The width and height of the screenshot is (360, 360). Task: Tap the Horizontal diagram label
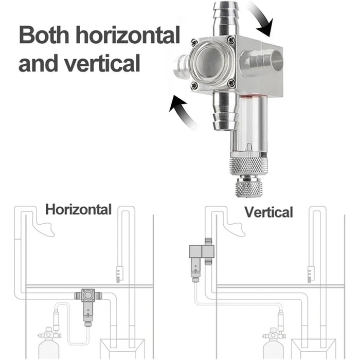coord(78,209)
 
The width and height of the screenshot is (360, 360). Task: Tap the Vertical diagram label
coord(268,212)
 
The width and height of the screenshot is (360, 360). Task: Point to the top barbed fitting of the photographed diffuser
coord(225,17)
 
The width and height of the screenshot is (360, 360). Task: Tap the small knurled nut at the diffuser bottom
coord(249,187)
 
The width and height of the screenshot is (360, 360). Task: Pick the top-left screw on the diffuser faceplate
coord(194,43)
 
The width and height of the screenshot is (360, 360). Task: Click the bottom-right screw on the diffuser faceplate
coord(231,82)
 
